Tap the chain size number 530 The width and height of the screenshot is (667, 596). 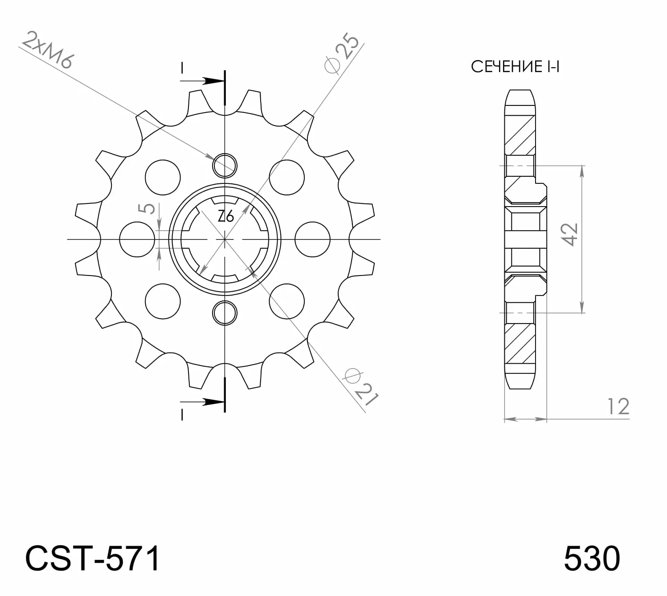(592, 559)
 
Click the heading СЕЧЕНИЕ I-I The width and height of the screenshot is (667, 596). (515, 66)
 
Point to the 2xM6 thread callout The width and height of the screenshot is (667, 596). (48, 50)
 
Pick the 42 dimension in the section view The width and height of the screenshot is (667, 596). (569, 235)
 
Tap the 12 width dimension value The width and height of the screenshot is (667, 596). (618, 406)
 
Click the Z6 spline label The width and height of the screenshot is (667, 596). (226, 216)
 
